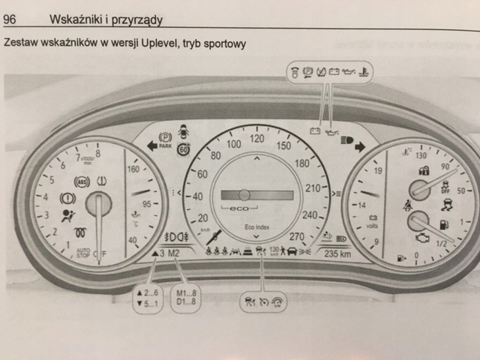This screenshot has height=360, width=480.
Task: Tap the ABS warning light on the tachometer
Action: (82, 181)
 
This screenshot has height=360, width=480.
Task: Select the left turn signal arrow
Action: (151, 146)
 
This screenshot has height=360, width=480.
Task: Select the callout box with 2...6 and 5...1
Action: (147, 295)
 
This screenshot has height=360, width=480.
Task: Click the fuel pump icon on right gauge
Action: (444, 223)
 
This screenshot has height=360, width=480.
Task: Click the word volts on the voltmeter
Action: (370, 223)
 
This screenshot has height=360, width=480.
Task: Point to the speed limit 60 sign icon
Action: (184, 149)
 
